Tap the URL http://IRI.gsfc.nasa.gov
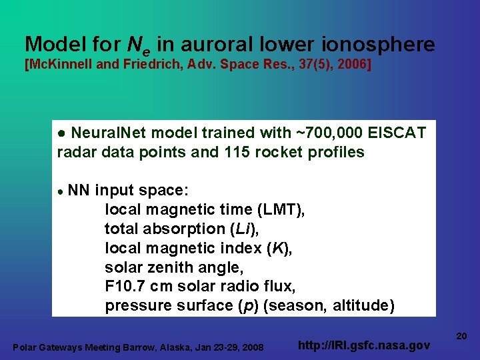click(x=363, y=345)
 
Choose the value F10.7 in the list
click(x=127, y=287)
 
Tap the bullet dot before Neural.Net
click(x=61, y=133)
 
